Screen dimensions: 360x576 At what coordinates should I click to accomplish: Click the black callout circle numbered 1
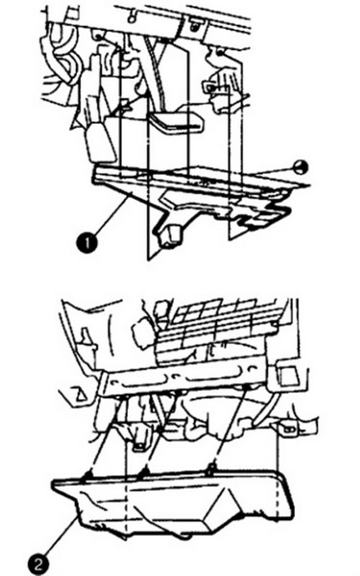(87, 243)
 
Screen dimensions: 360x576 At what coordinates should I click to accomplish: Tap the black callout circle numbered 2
(37, 564)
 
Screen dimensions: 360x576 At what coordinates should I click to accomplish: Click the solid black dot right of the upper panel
(300, 167)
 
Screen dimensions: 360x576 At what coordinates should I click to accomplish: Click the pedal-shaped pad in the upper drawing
(177, 122)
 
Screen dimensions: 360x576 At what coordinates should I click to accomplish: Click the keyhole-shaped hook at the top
(132, 14)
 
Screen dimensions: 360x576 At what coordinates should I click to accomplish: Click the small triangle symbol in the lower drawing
(81, 394)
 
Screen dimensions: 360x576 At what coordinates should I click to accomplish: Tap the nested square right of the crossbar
(289, 375)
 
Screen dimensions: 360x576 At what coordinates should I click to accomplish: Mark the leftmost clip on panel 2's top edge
(87, 475)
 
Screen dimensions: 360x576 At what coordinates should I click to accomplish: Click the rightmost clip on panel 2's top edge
(210, 468)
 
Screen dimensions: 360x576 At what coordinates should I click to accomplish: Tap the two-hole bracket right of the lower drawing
(290, 427)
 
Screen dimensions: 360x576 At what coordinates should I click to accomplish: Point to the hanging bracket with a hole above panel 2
(137, 441)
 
